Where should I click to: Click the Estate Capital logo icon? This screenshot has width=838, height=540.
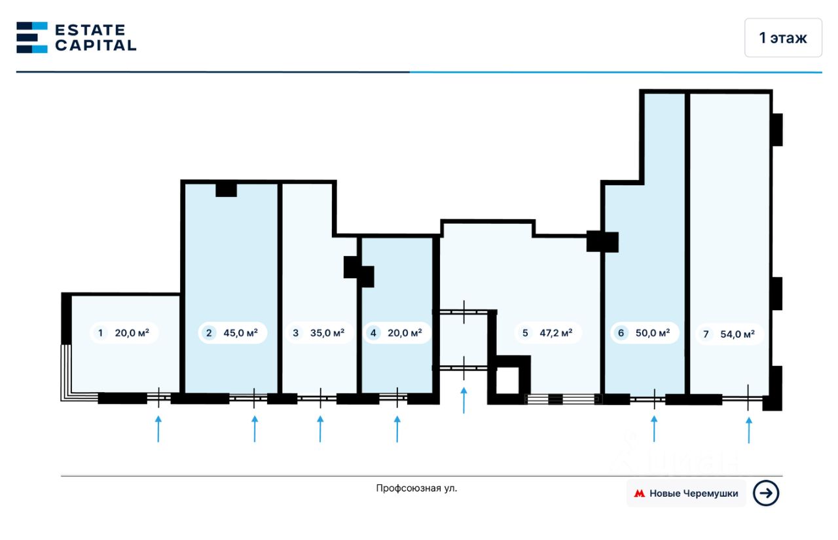pos(32,37)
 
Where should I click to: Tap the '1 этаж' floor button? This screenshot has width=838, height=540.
pos(782,38)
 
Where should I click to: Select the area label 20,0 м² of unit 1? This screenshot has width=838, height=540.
pos(132,333)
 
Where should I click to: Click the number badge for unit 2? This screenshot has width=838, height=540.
pos(209,333)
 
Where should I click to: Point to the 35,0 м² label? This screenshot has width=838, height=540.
pos(327,333)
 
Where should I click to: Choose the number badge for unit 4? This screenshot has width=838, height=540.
pos(373,333)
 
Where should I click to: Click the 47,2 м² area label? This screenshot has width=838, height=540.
pos(556,333)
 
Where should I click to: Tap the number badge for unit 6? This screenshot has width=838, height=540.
pos(621,333)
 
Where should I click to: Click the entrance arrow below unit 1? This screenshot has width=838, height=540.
pos(158,428)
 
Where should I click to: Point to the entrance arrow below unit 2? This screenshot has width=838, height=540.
pos(255,428)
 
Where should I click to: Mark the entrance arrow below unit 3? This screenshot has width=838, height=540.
pos(320,428)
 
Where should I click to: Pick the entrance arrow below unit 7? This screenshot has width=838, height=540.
pos(749,429)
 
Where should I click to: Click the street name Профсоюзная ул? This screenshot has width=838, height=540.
pos(416,488)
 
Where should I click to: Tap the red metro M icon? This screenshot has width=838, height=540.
pos(639,494)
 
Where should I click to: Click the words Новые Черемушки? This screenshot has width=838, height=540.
pos(693,494)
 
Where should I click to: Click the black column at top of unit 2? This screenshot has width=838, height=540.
pos(226,190)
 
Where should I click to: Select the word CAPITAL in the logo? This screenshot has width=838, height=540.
pos(96,45)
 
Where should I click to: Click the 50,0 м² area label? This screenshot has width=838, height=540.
pos(653,333)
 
